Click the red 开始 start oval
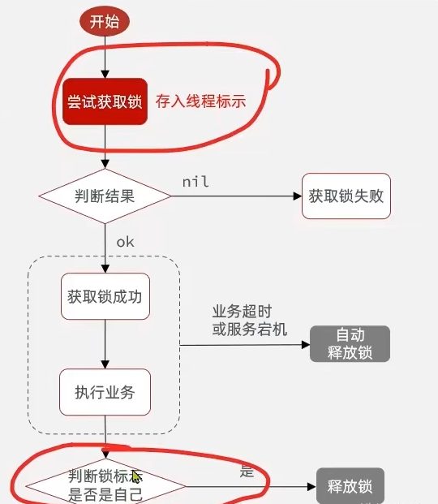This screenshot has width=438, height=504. coord(105,22)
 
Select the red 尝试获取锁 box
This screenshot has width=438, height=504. coord(105,101)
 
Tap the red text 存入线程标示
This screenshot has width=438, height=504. coord(201,101)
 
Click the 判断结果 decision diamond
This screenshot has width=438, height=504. coord(105,196)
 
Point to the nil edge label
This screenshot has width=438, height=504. coord(195,182)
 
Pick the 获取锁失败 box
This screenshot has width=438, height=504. coord(346,196)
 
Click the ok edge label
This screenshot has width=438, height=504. coord(125,242)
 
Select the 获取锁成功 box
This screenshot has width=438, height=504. coord(105,296)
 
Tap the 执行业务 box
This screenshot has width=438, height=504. coord(105,392)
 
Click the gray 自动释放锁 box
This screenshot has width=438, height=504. coord(350,344)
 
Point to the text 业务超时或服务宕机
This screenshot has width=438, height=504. coord(249,321)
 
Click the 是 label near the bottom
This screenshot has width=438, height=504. coord(247,472)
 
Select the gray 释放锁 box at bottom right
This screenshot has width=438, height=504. coord(350,486)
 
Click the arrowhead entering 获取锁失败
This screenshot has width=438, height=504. coord(298,196)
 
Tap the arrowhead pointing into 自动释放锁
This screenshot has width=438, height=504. coord(306,345)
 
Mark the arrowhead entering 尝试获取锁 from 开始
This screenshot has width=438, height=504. coord(105,74)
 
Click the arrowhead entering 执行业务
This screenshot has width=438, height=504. coord(105,365)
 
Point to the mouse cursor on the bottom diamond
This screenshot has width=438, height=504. coord(136,477)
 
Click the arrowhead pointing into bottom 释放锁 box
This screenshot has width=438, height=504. coord(312,487)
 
